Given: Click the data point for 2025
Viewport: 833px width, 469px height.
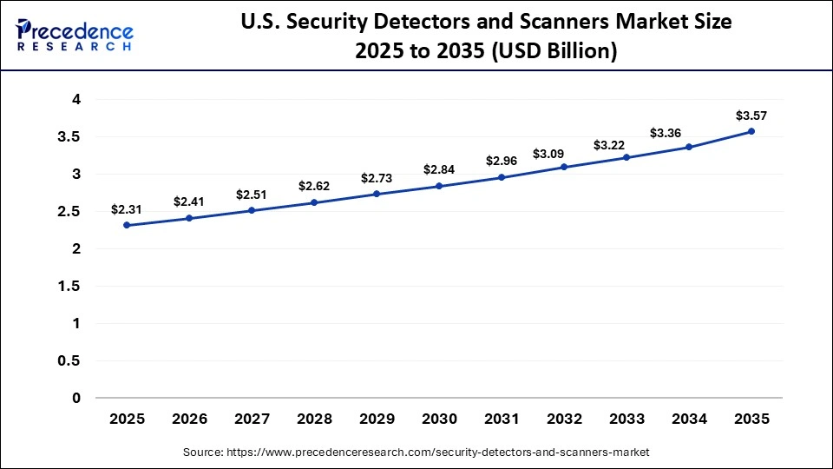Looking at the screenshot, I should click(127, 225).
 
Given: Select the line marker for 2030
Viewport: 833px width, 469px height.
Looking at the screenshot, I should click(439, 186).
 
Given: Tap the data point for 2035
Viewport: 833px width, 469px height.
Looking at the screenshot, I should click(751, 131).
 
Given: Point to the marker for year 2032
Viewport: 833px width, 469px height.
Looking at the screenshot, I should click(564, 167).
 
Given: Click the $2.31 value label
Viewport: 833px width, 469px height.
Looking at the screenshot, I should click(126, 209).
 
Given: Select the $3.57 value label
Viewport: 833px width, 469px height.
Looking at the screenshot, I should click(751, 115).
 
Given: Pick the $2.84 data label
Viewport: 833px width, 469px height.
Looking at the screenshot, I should click(439, 169).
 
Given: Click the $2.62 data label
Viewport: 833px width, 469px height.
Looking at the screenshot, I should click(314, 186).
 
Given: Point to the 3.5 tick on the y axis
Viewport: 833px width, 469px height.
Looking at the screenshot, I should click(69, 137).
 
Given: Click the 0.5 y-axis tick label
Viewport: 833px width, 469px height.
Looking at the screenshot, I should click(69, 360).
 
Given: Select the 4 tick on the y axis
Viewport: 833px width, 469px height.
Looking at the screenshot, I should click(76, 100).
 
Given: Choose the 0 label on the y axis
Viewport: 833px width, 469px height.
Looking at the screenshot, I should click(76, 398).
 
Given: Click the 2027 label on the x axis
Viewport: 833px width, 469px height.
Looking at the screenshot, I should click(252, 419).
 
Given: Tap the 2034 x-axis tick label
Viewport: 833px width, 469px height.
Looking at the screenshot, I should click(689, 419).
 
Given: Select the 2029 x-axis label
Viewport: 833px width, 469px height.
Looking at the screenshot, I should click(377, 419).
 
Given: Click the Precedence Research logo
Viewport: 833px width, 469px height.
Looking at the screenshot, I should click(74, 35).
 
